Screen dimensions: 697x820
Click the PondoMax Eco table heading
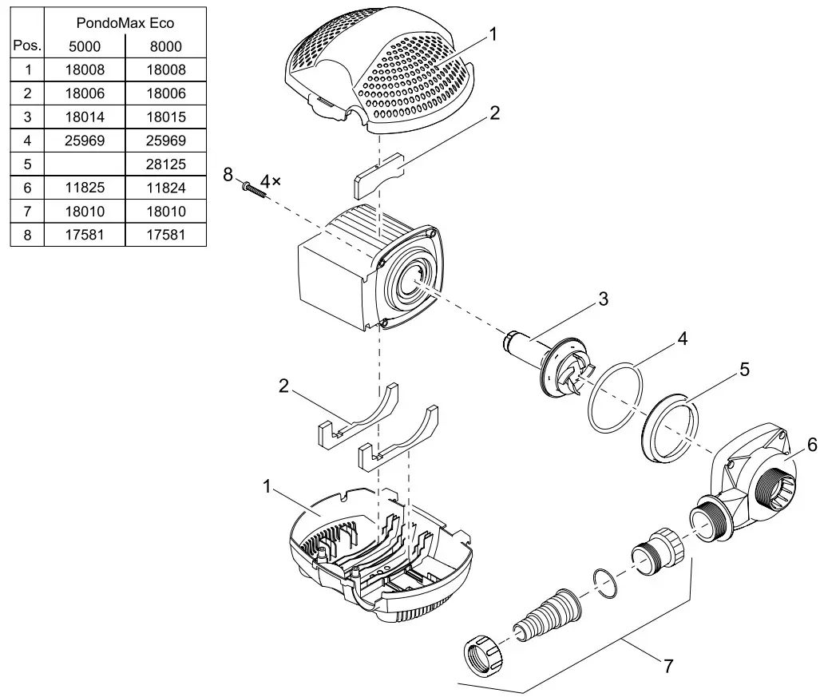125,23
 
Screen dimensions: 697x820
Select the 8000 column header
165,46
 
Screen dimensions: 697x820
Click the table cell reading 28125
165,164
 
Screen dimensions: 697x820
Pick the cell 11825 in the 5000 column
85,188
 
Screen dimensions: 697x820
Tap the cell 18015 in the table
165,117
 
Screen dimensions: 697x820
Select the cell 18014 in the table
85,117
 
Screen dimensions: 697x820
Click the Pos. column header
27,46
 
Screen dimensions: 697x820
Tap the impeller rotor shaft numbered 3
551,359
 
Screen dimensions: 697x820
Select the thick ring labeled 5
671,427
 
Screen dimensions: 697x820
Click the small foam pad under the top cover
377,180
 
